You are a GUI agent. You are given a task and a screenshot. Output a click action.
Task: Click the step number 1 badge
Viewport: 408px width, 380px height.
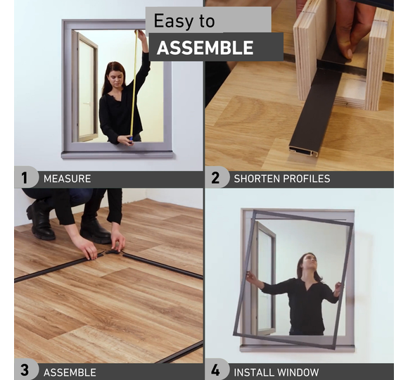tap(25, 178)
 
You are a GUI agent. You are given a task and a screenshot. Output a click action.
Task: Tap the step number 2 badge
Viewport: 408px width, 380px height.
tap(215, 178)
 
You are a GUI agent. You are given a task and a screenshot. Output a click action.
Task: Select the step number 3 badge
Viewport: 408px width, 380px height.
tap(25, 369)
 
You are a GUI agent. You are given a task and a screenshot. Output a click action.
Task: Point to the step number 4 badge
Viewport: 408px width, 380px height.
tap(215, 369)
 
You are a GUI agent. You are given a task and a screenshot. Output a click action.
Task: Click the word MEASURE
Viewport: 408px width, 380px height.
tap(67, 179)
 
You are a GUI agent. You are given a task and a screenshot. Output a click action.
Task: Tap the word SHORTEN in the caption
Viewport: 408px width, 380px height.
tap(257, 179)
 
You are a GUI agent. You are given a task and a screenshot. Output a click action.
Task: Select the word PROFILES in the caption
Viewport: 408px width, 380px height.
tap(306, 179)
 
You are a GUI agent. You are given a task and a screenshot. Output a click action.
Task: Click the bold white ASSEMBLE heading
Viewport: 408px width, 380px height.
tap(205, 48)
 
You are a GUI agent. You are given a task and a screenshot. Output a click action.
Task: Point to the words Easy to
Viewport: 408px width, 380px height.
tap(184, 21)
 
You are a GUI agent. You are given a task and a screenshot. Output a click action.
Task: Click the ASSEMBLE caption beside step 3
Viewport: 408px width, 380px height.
tap(70, 372)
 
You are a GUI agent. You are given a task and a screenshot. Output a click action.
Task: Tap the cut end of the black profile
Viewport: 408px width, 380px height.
tap(303, 151)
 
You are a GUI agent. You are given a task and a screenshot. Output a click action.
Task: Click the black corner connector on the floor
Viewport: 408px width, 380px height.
tap(113, 251)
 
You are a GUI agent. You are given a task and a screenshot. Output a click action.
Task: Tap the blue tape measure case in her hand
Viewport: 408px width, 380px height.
tap(131, 140)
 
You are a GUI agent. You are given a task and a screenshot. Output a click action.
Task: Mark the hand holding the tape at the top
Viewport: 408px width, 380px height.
tap(141, 36)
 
